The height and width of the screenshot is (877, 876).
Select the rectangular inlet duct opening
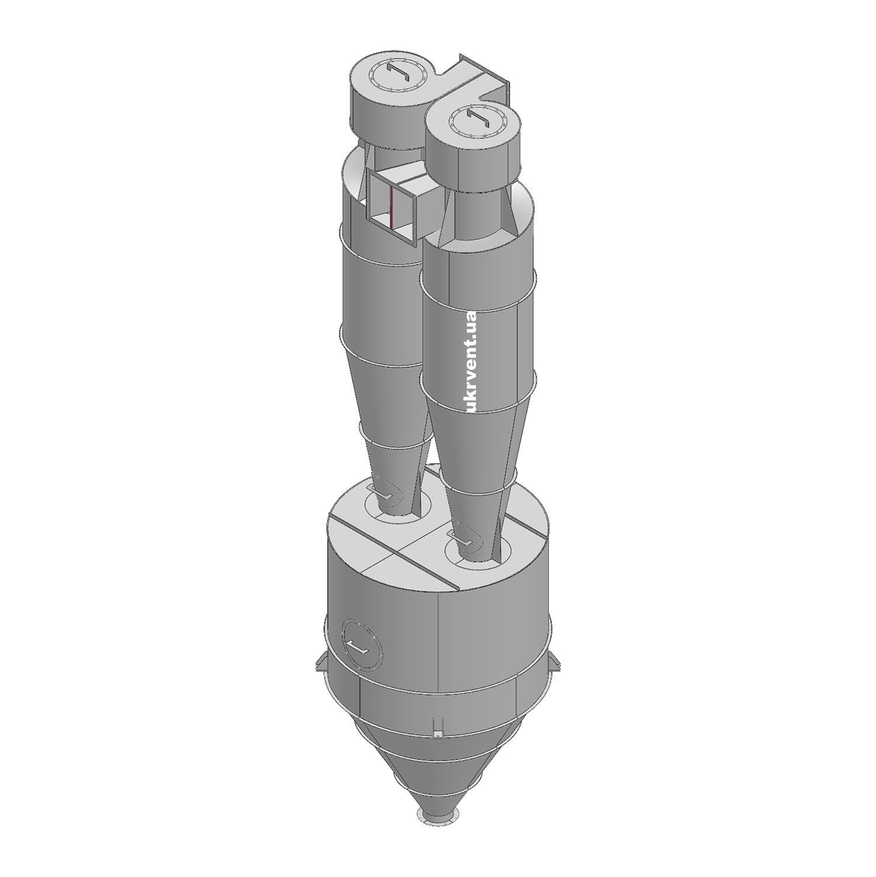392,205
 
